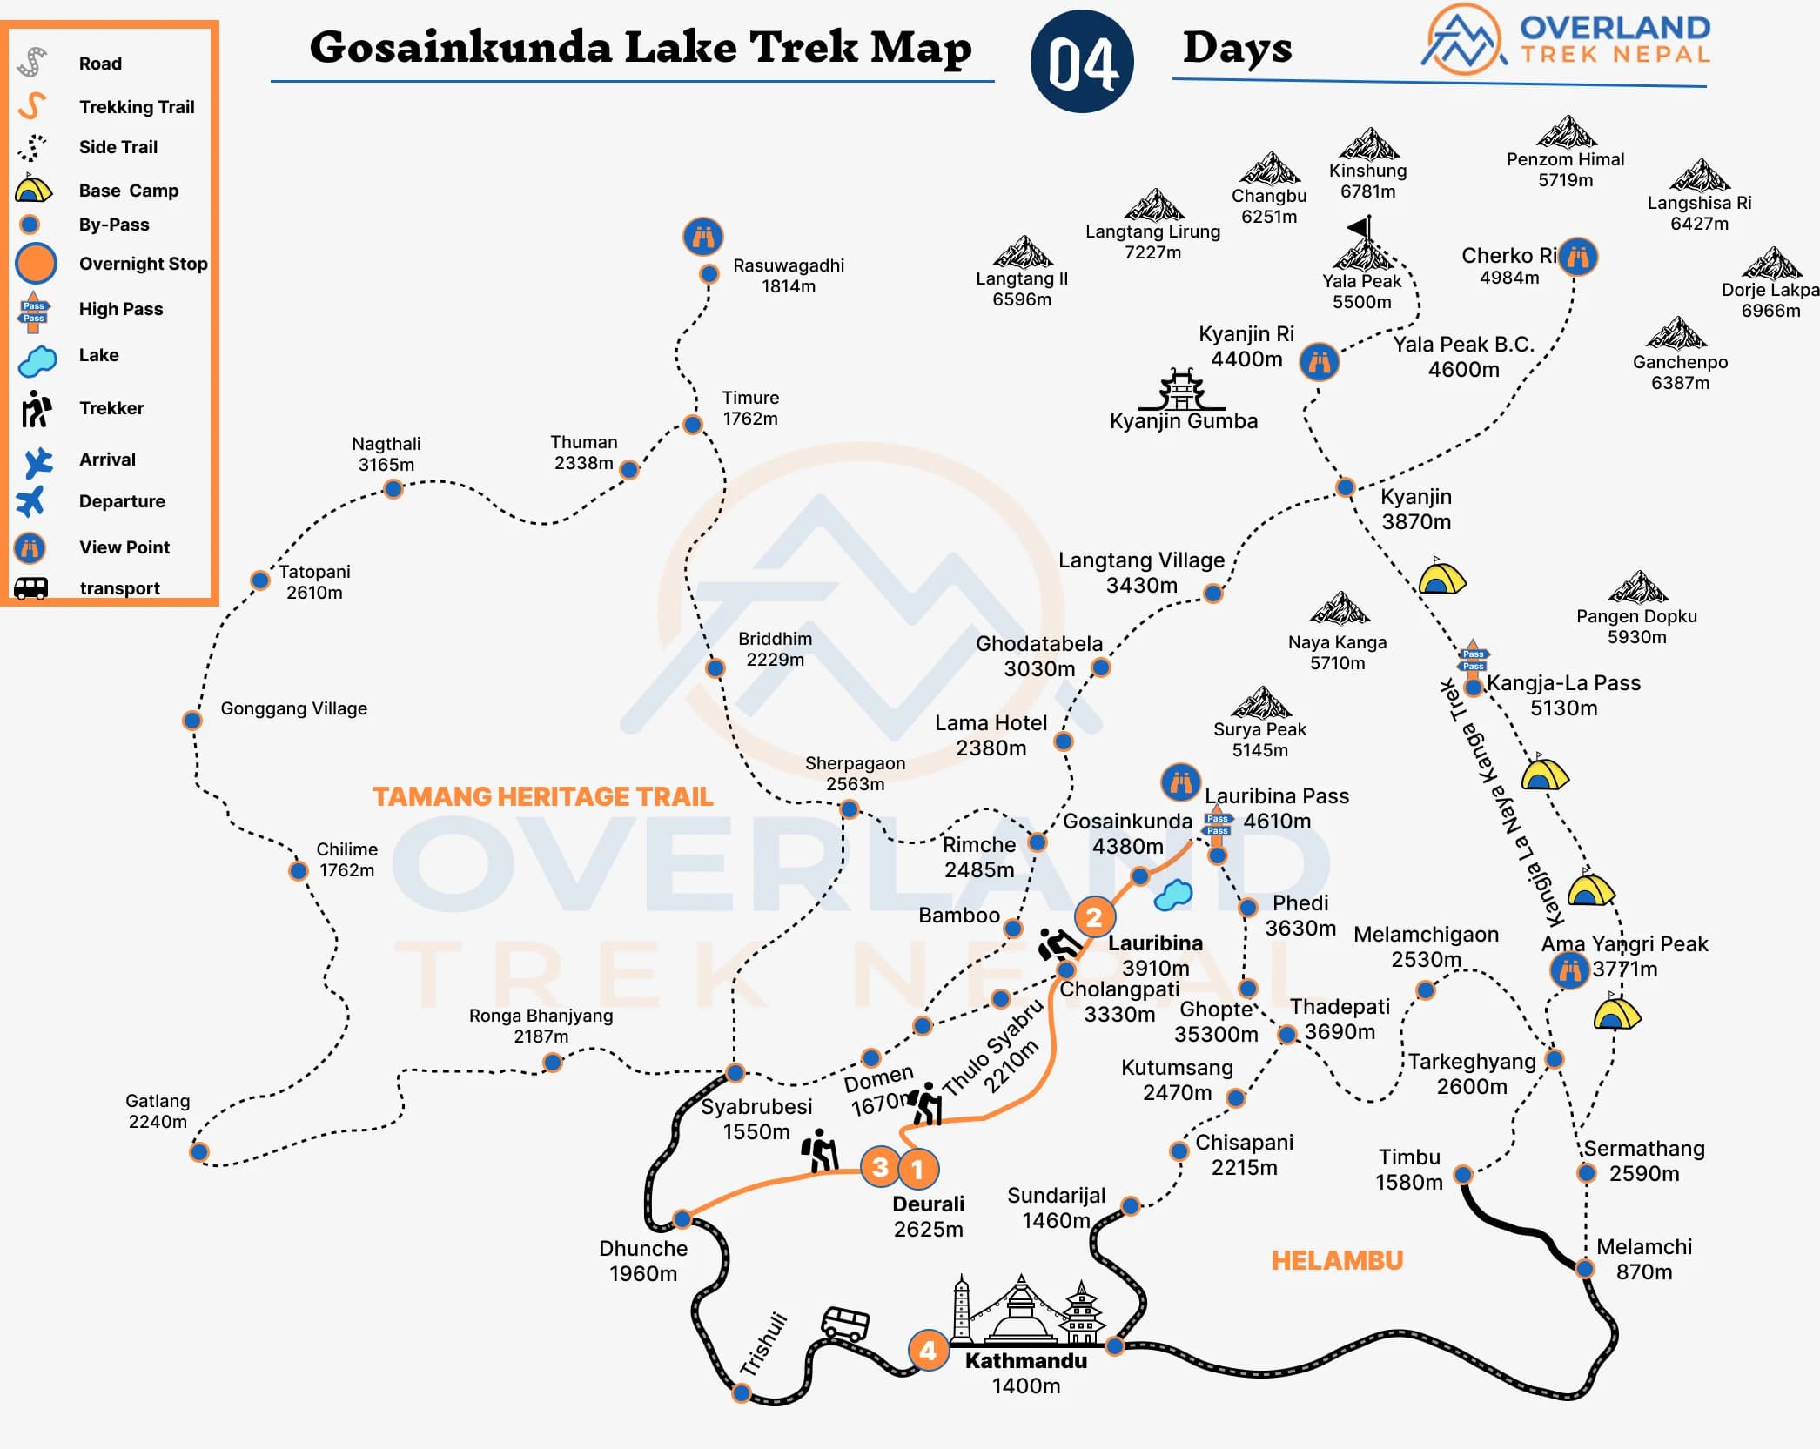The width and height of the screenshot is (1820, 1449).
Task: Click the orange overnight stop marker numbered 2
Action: [x=1094, y=916]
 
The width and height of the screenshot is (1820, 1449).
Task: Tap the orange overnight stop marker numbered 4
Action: [x=928, y=1350]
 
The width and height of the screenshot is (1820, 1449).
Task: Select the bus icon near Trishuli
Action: [x=845, y=1323]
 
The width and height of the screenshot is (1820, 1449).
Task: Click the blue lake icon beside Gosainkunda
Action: [x=1173, y=895]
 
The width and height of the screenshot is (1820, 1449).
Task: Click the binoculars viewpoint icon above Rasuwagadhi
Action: [x=702, y=236]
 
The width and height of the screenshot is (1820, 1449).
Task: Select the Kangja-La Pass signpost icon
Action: [x=1473, y=659]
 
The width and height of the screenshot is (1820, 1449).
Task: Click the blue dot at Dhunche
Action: [x=682, y=1218]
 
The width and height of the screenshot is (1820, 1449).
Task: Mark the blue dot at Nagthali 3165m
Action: [x=393, y=489]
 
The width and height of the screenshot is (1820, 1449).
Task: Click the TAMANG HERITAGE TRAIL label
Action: [x=542, y=796]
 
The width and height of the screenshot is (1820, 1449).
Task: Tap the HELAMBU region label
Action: [x=1337, y=1260]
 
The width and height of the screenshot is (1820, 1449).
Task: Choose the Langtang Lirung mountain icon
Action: [x=1153, y=206]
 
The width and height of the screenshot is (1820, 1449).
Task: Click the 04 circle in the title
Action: [x=1081, y=62]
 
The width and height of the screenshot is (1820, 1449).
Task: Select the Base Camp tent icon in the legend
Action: [x=33, y=189]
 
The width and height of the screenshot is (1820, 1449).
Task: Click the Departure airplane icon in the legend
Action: [x=30, y=501]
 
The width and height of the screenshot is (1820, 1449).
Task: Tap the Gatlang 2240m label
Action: [x=158, y=1111]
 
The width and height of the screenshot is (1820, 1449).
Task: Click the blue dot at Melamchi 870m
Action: [x=1585, y=1268]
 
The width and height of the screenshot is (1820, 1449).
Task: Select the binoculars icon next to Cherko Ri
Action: [x=1577, y=257]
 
